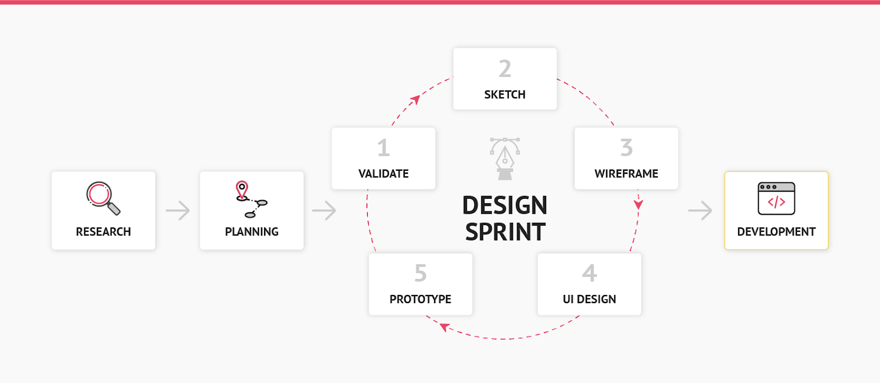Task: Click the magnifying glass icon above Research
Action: pos(103,198)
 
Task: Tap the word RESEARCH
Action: pos(103,232)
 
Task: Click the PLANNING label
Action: pos(252,232)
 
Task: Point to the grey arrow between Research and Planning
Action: pos(178,210)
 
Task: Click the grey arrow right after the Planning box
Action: pos(324,210)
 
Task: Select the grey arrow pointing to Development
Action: pos(700,210)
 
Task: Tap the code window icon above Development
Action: pos(776,199)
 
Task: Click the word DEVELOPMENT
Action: pos(776,232)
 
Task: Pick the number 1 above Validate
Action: pos(383,148)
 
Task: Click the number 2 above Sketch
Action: pos(505,69)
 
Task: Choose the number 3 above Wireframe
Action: pos(626,148)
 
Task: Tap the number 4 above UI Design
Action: pos(589,273)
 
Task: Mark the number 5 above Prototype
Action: pos(420,273)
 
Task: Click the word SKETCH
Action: pos(505,94)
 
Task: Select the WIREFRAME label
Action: pos(626,174)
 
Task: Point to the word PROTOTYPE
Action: pos(420,299)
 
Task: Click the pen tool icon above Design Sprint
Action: pos(505,159)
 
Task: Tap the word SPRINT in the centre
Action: pos(505,232)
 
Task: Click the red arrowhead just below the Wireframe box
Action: pos(639,204)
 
